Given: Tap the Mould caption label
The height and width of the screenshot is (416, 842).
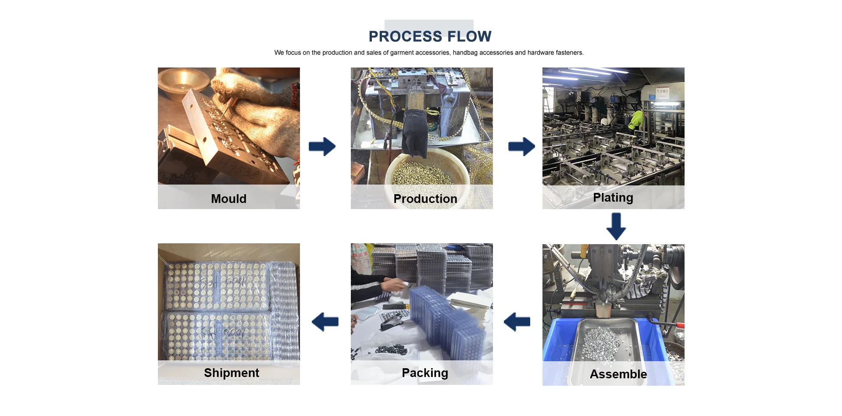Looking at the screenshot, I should coord(228,199).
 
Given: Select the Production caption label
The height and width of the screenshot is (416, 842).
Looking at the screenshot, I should coord(425,199).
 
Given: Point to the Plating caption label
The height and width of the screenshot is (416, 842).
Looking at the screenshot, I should coord(613,197).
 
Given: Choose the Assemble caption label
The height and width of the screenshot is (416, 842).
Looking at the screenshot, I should coord(618,374).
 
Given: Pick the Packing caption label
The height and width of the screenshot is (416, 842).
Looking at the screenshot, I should coord(425,373).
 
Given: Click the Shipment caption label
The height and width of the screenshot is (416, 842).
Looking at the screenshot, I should coord(231,373).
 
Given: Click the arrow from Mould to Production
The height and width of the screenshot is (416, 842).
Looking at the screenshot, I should coord(322,146).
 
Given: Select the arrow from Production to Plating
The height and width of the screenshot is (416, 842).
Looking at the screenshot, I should coord(521,146).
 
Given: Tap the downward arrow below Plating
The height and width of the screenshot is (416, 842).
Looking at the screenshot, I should coord(616,226).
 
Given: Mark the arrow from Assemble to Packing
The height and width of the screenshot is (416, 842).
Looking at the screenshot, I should coord(517,322).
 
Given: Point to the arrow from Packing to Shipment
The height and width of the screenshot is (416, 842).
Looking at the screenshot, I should coord(325,322).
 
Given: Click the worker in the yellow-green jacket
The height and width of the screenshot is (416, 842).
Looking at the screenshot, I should coord(636,119).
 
